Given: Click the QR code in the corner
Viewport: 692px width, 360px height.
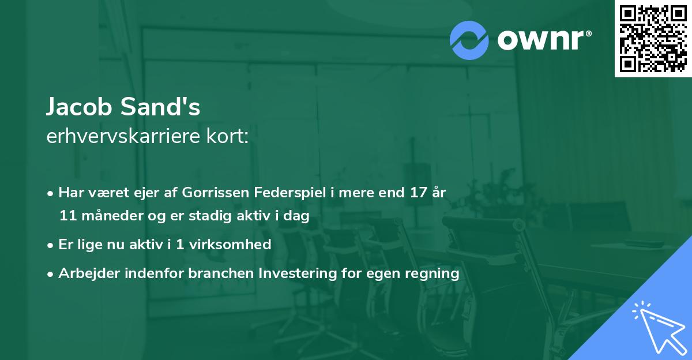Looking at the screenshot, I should (x=653, y=38).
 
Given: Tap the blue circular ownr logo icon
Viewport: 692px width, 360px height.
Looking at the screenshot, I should (x=469, y=39).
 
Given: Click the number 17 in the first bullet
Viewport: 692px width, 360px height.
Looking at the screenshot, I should (x=416, y=193).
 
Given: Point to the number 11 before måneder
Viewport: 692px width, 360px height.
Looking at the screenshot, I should (x=68, y=216).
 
